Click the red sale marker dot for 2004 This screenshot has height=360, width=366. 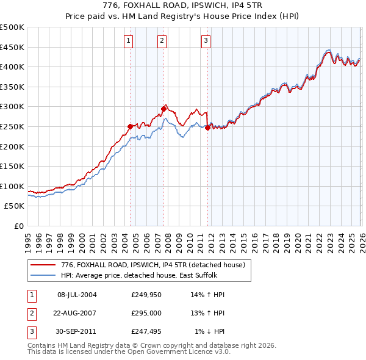(x=130, y=126)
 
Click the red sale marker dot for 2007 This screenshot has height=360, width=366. (x=163, y=109)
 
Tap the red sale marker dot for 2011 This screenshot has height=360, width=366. (x=208, y=128)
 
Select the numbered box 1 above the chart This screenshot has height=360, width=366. (x=129, y=41)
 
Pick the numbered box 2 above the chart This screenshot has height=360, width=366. (x=162, y=41)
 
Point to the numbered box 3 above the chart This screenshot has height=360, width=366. (x=206, y=41)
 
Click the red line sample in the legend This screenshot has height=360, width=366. (x=43, y=265)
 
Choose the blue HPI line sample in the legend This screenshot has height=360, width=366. (x=43, y=275)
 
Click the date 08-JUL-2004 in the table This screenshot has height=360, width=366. (x=77, y=295)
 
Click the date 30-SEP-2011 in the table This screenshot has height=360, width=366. (x=77, y=331)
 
